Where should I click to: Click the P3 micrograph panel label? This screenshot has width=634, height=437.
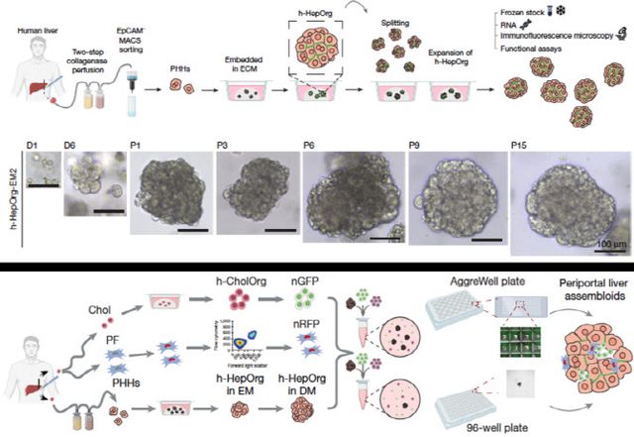point(224,145)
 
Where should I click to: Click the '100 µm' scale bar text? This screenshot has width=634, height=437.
point(607,242)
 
